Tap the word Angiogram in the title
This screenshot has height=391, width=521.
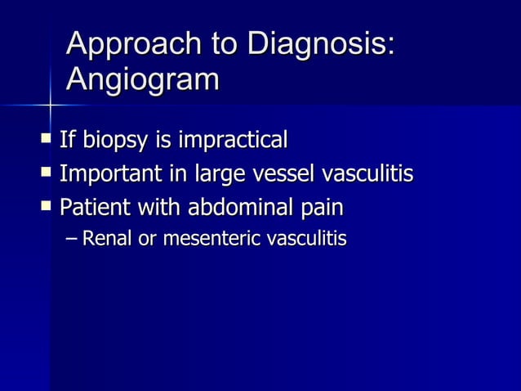143,80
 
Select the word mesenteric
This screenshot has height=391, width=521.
208,240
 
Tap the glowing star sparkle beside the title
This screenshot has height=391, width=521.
51,104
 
